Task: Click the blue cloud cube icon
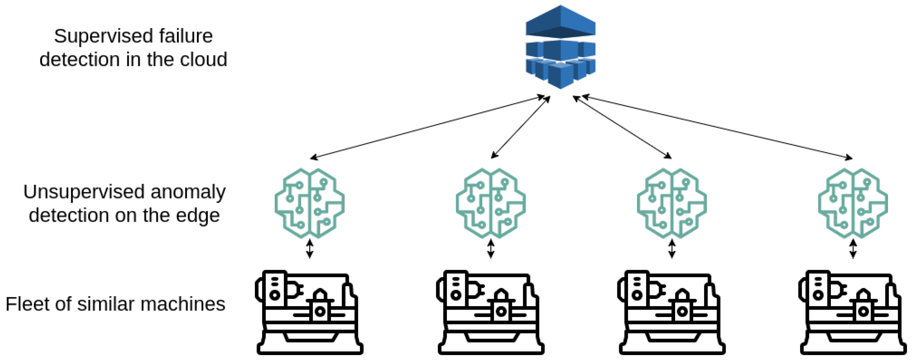click(560, 47)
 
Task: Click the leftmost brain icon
click(309, 203)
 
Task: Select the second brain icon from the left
click(491, 203)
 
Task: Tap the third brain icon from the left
click(672, 203)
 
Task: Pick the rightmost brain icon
click(853, 203)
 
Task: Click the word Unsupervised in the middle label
click(84, 192)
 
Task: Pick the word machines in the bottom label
click(183, 304)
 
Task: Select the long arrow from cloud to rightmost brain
click(717, 127)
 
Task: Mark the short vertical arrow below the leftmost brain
click(309, 249)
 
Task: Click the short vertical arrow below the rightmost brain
click(853, 249)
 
